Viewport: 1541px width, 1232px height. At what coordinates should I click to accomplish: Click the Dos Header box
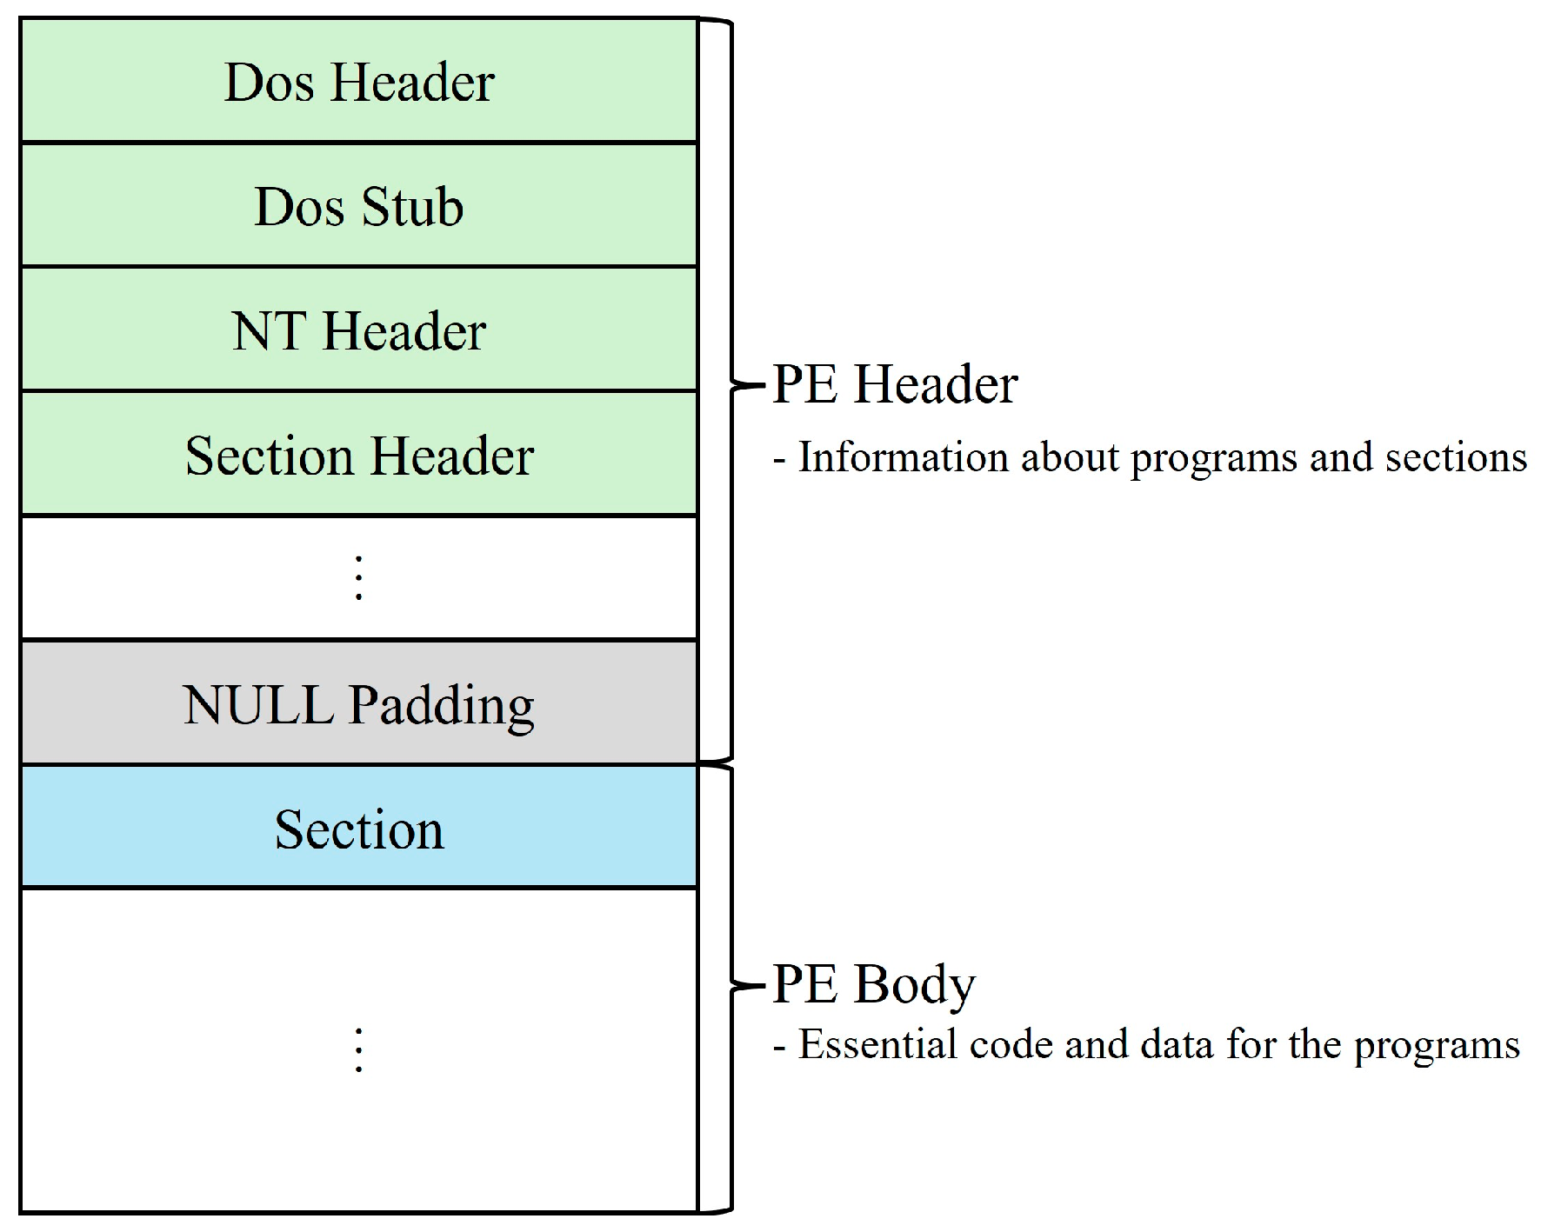click(358, 81)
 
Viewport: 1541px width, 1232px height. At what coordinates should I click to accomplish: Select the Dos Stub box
click(358, 205)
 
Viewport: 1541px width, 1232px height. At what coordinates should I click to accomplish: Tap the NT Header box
click(358, 330)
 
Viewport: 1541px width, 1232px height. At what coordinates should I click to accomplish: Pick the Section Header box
click(358, 455)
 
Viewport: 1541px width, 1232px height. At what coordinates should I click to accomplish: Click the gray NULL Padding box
click(358, 703)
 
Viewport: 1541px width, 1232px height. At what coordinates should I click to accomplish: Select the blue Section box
click(358, 828)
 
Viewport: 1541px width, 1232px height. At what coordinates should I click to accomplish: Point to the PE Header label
click(894, 383)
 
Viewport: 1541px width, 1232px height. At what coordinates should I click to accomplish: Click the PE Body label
click(873, 984)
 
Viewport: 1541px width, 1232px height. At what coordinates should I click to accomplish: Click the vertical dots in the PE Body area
click(358, 1050)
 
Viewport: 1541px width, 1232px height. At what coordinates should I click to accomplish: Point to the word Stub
click(411, 207)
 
